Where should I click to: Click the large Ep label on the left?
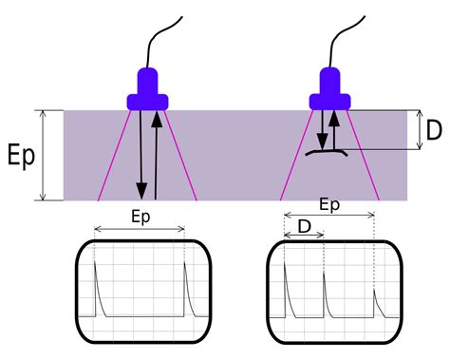(20, 156)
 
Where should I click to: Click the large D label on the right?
(435, 130)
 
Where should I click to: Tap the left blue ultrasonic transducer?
(148, 89)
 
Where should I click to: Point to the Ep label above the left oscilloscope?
(140, 217)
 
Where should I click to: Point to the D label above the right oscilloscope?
(304, 226)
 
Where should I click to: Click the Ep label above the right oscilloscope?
(329, 204)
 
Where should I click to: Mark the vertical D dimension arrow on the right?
(419, 130)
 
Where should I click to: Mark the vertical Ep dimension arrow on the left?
(42, 155)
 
